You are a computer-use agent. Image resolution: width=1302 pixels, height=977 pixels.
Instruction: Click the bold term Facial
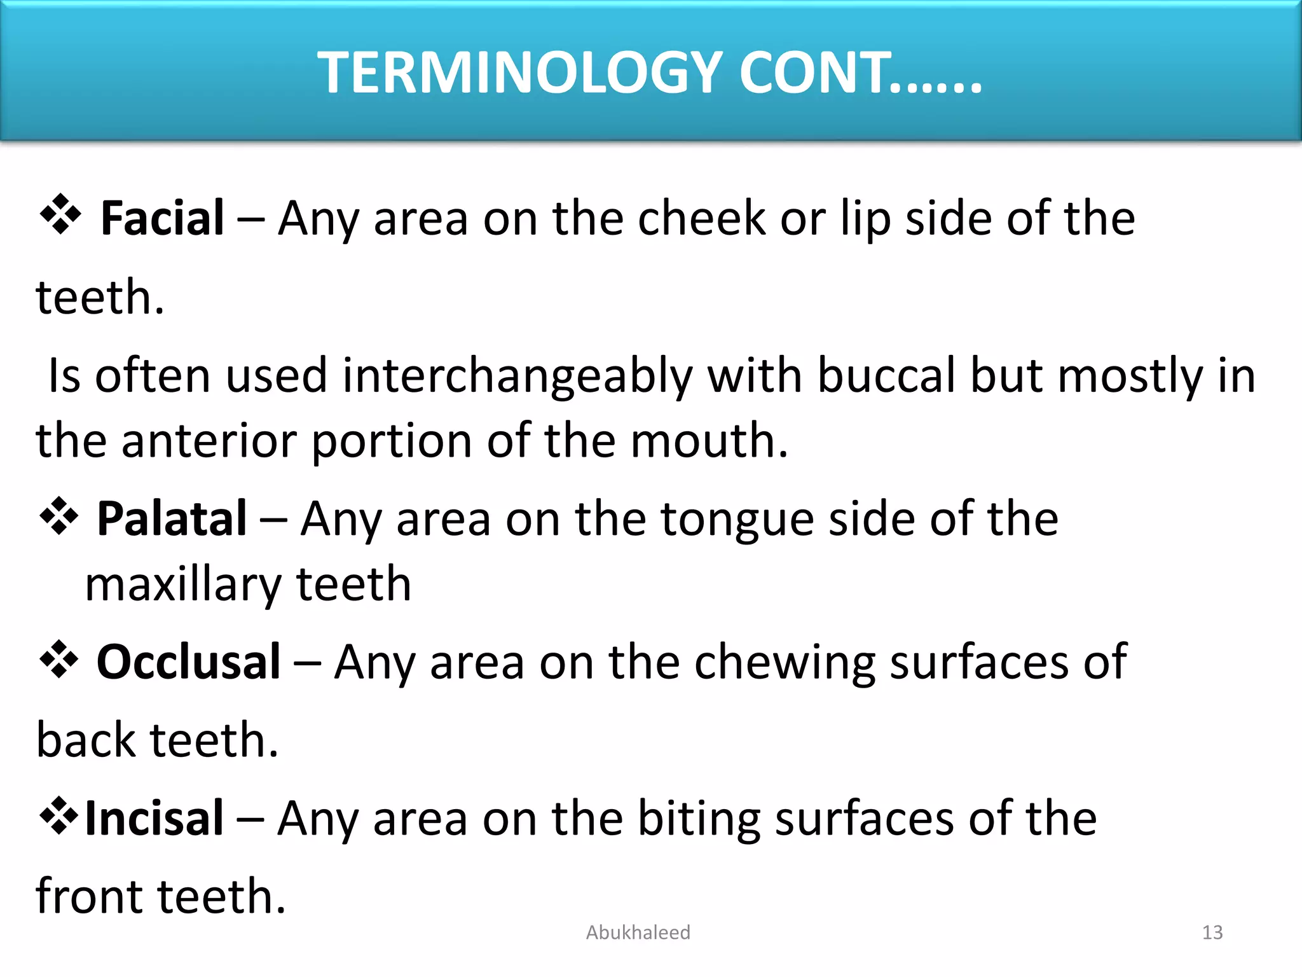pyautogui.click(x=162, y=218)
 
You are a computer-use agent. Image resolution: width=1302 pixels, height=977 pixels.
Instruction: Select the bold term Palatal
pyautogui.click(x=171, y=518)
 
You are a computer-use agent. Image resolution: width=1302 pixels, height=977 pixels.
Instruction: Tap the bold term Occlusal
pyautogui.click(x=188, y=662)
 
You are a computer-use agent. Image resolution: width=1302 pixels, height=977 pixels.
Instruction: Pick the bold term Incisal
pyautogui.click(x=154, y=818)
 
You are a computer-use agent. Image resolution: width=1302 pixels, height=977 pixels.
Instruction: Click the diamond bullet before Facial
pyautogui.click(x=60, y=214)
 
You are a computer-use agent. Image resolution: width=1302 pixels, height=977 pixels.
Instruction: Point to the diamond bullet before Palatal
pyautogui.click(x=59, y=515)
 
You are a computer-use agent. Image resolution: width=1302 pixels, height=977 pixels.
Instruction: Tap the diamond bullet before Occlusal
pyautogui.click(x=59, y=659)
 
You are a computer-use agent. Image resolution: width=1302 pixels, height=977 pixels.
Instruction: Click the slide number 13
pyautogui.click(x=1212, y=932)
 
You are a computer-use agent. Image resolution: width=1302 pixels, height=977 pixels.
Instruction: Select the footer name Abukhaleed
pyautogui.click(x=638, y=932)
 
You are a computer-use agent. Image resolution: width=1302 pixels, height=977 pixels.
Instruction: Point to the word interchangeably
pyautogui.click(x=517, y=377)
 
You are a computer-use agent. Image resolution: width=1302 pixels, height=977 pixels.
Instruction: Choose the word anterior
pyautogui.click(x=209, y=440)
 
